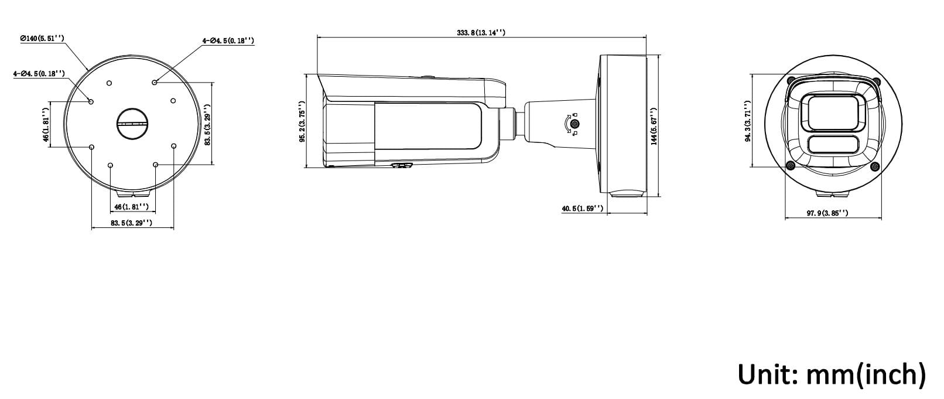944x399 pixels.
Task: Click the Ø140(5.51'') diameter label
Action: (42, 39)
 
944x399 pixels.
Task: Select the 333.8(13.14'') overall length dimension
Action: (481, 32)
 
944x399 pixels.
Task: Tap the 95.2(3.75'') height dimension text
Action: (302, 121)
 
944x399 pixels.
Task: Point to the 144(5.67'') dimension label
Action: (654, 126)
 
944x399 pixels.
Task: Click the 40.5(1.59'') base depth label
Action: (583, 209)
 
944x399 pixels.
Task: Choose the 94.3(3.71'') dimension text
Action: (748, 121)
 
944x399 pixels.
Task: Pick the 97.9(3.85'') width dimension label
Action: (827, 213)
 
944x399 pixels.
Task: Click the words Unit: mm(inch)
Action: (832, 374)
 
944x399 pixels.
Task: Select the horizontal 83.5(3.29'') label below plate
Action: (132, 223)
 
